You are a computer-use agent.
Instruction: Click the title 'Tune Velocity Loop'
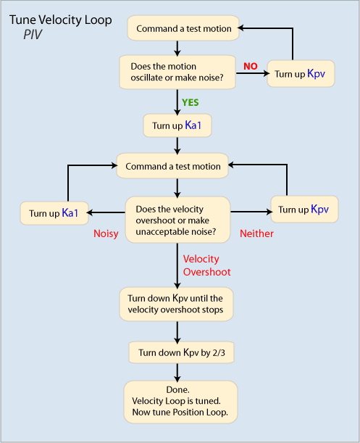click(x=60, y=20)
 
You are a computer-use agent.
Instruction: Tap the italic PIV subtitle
click(x=33, y=35)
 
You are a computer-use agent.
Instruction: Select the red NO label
click(x=251, y=66)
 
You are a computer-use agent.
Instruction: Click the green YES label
click(x=191, y=102)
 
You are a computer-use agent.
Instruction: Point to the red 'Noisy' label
click(x=106, y=234)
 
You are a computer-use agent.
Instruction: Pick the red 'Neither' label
click(x=256, y=233)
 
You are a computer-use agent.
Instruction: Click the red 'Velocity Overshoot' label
click(x=206, y=265)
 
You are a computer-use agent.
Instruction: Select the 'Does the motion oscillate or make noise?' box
click(x=177, y=72)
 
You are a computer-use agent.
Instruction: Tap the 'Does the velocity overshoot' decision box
click(x=177, y=220)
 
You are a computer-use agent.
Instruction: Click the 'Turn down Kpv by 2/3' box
click(x=181, y=352)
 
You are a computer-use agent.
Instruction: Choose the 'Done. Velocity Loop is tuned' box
click(x=180, y=402)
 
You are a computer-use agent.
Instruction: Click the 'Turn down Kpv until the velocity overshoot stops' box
click(x=176, y=304)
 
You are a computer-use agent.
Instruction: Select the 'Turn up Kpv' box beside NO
click(x=301, y=74)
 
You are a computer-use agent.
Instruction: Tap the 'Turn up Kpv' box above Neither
click(x=304, y=210)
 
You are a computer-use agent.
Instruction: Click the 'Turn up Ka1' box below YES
click(x=177, y=125)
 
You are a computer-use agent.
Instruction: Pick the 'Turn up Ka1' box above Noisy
click(x=54, y=213)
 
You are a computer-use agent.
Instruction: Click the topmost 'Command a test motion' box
click(x=183, y=28)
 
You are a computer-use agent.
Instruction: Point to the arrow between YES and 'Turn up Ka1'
click(x=177, y=102)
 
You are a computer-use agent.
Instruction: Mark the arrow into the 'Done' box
click(x=177, y=373)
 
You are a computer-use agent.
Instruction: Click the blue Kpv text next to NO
click(x=316, y=74)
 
